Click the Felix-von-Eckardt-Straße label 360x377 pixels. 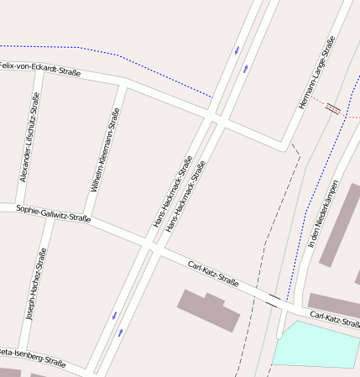tap(40, 69)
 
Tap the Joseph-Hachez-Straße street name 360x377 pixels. tap(37, 286)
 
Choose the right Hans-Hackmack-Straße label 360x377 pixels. tap(186, 196)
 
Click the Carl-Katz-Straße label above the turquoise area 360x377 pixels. tap(334, 319)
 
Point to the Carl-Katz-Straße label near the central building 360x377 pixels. tap(213, 274)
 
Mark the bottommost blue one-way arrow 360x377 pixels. tap(121, 332)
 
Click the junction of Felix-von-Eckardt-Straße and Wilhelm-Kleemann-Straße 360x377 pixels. tap(124, 83)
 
